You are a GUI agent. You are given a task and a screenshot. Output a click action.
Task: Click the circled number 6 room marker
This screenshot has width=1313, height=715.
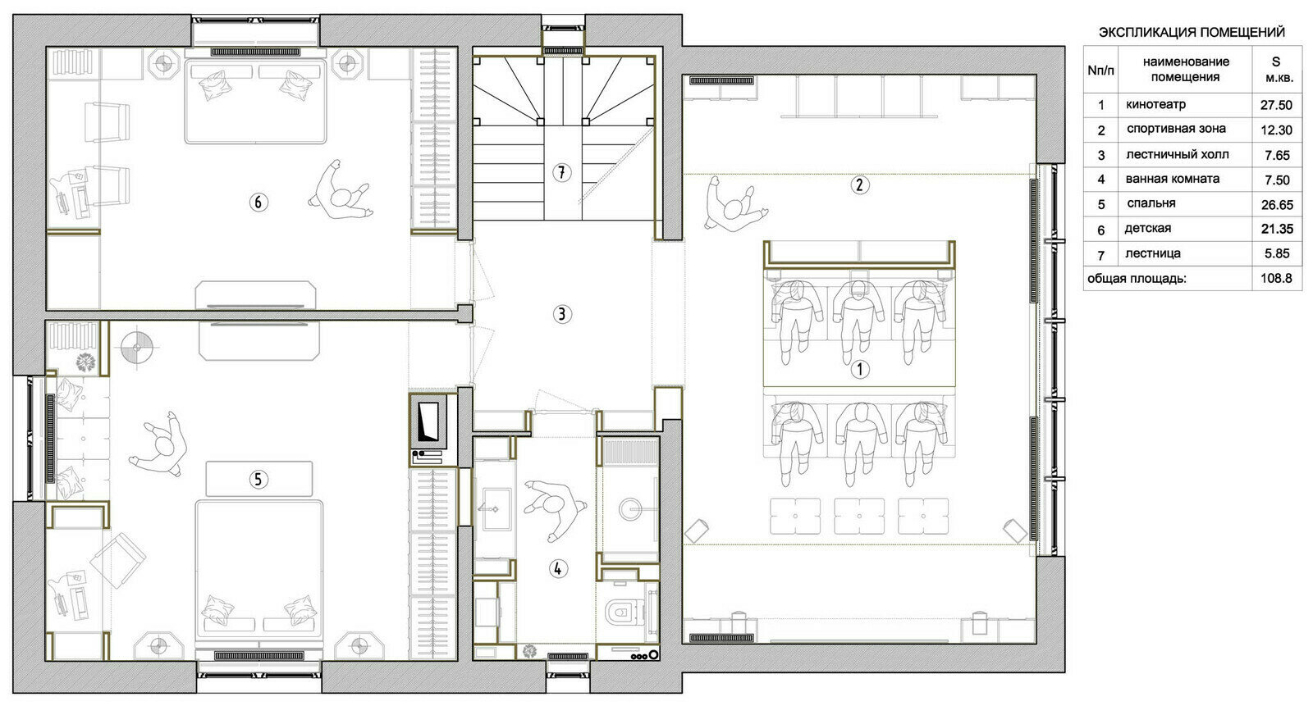pyautogui.click(x=258, y=203)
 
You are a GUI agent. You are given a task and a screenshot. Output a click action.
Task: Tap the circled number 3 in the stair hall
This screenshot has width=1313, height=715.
pyautogui.click(x=561, y=315)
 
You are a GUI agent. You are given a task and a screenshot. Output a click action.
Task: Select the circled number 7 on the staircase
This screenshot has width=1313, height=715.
pyautogui.click(x=561, y=173)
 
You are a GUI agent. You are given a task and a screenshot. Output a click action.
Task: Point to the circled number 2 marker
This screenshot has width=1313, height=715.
pyautogui.click(x=859, y=185)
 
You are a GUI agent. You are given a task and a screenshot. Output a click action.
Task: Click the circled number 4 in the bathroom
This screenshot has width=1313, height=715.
pyautogui.click(x=557, y=568)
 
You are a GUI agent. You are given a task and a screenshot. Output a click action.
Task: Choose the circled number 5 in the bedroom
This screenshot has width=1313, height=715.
pyautogui.click(x=258, y=480)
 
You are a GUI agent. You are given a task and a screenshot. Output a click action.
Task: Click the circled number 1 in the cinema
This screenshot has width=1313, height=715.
pyautogui.click(x=859, y=370)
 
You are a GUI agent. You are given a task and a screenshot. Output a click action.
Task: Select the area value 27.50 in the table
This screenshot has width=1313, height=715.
pyautogui.click(x=1276, y=106)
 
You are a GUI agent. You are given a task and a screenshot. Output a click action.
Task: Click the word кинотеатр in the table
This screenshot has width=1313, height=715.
pyautogui.click(x=1155, y=105)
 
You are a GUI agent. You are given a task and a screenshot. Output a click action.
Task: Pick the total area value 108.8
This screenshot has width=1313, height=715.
pyautogui.click(x=1276, y=278)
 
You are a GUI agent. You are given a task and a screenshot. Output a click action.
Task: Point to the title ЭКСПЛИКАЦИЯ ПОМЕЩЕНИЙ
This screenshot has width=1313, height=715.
pyautogui.click(x=1192, y=32)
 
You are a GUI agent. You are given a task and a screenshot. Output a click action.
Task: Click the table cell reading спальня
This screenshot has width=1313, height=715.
pyautogui.click(x=1151, y=204)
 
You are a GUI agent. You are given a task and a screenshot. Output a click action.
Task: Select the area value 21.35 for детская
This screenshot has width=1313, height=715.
pyautogui.click(x=1277, y=229)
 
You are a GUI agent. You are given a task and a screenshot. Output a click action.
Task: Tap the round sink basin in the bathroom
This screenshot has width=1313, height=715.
pyautogui.click(x=632, y=508)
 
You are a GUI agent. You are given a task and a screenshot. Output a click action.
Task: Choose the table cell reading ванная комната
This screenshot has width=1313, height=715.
pyautogui.click(x=1173, y=180)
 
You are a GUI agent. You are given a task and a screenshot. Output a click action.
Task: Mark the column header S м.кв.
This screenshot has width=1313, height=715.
pyautogui.click(x=1275, y=70)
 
